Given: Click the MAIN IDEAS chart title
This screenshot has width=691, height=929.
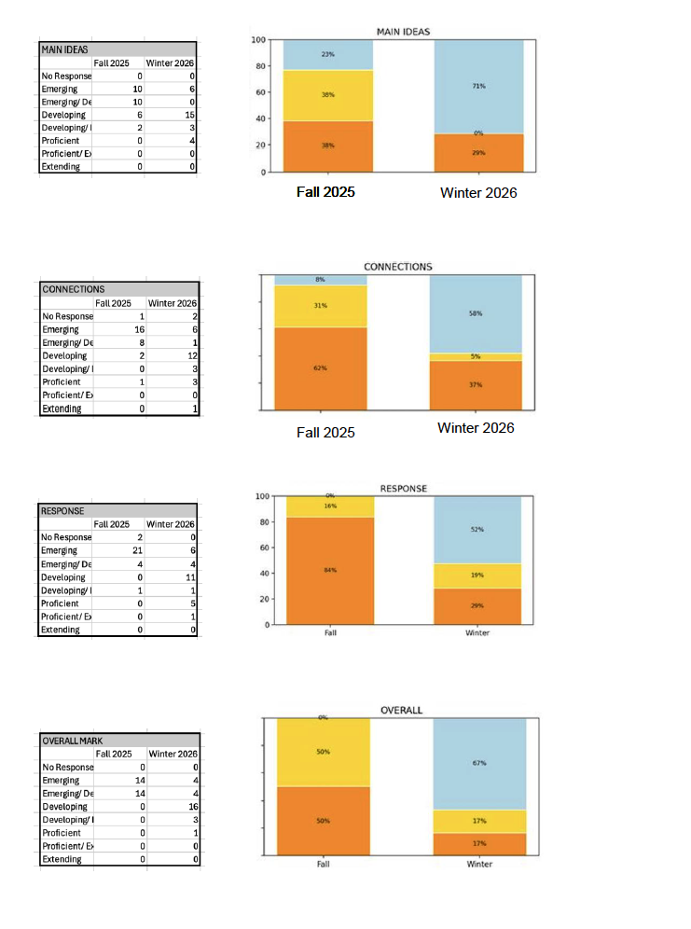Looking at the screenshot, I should pyautogui.click(x=403, y=32).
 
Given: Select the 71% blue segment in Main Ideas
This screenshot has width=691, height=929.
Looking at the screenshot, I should pyautogui.click(x=478, y=87).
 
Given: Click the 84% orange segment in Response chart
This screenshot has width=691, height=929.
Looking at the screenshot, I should pyautogui.click(x=330, y=570).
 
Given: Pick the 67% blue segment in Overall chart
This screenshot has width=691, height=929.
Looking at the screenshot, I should pyautogui.click(x=478, y=764).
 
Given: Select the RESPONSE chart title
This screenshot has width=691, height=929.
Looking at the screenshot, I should pyautogui.click(x=403, y=489).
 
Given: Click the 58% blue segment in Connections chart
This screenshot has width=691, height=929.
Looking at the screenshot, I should pyautogui.click(x=477, y=314).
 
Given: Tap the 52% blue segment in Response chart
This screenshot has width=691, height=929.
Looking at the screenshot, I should pyautogui.click(x=478, y=530).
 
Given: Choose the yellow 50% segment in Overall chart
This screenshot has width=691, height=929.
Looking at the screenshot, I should pyautogui.click(x=323, y=753).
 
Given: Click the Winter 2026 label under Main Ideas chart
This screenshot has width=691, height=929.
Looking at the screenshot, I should pyautogui.click(x=478, y=193).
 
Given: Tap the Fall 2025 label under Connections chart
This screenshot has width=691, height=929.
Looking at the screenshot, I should pyautogui.click(x=325, y=433).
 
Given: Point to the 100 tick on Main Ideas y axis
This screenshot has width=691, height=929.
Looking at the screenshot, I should pyautogui.click(x=259, y=40).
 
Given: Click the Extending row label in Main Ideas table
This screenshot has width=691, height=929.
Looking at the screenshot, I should pyautogui.click(x=62, y=167).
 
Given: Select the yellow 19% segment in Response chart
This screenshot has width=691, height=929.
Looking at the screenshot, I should pyautogui.click(x=478, y=575).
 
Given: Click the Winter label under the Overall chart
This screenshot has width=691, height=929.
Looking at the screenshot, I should pyautogui.click(x=479, y=865).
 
